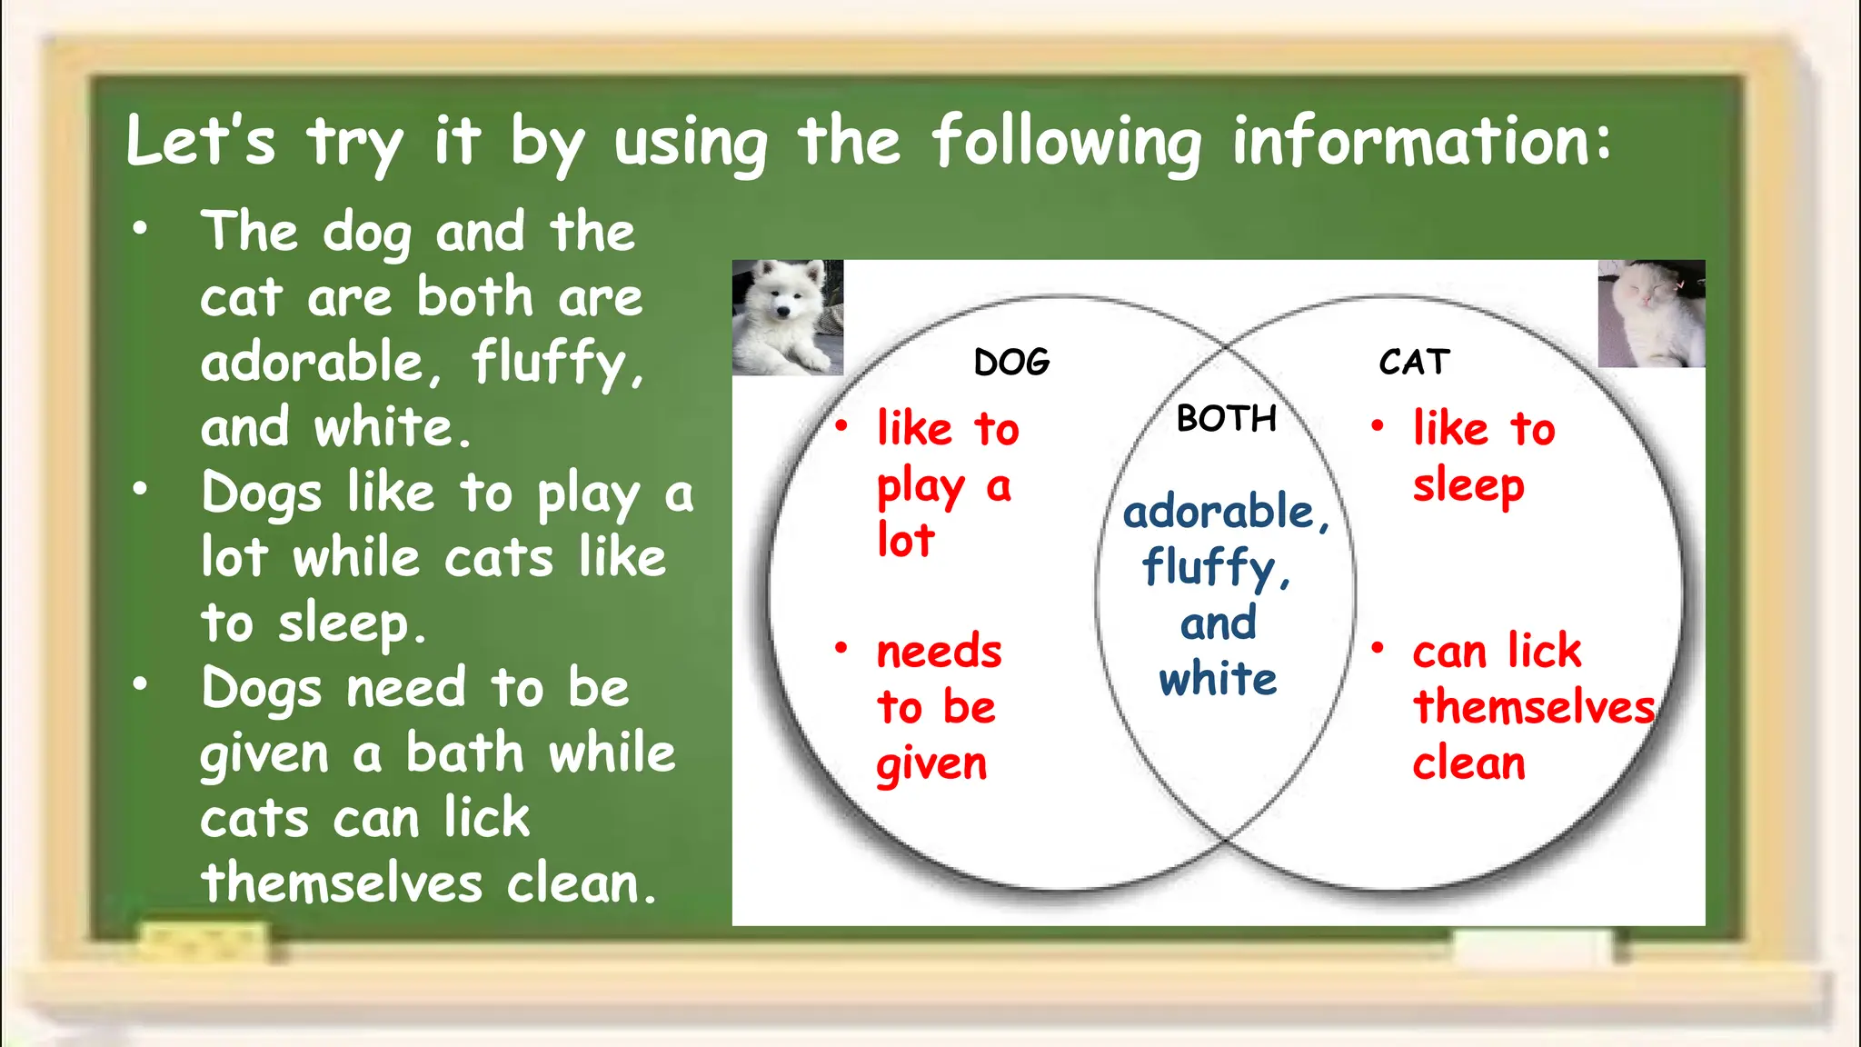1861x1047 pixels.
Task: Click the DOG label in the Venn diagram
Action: click(1011, 363)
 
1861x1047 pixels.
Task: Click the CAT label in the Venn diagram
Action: click(1414, 362)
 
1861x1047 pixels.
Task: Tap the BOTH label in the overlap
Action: click(1227, 419)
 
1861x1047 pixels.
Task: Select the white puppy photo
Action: click(788, 317)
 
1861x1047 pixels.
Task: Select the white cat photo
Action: click(1651, 314)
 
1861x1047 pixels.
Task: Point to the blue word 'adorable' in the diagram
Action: click(1219, 513)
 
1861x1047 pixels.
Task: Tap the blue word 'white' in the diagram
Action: click(1218, 680)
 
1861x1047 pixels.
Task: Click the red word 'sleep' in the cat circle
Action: click(1468, 487)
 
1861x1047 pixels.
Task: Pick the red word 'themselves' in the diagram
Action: click(1534, 707)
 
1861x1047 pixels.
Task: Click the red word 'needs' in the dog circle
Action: click(939, 652)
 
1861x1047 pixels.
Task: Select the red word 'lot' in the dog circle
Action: click(905, 541)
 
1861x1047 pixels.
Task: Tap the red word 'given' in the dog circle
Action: click(931, 765)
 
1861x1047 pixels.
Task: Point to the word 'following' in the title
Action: click(1067, 144)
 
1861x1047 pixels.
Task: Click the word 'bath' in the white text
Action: click(464, 753)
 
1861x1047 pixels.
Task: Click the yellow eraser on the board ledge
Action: click(204, 942)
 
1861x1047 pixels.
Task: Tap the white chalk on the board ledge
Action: click(1532, 946)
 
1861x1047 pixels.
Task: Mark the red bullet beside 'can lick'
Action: click(1378, 647)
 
